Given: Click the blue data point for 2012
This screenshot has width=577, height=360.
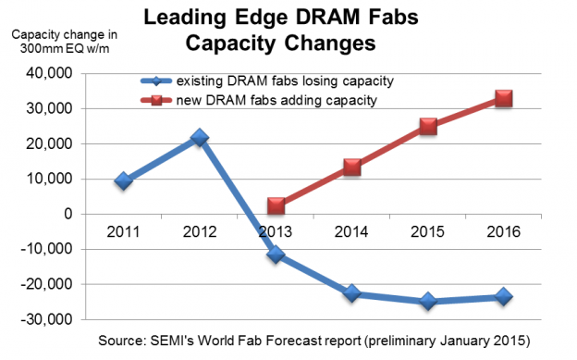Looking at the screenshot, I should pyautogui.click(x=200, y=138).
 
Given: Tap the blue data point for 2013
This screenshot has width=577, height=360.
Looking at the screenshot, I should pyautogui.click(x=276, y=254).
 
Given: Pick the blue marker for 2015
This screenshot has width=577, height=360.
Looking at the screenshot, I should pyautogui.click(x=427, y=301).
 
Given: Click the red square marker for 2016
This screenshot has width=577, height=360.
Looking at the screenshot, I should pyautogui.click(x=503, y=98).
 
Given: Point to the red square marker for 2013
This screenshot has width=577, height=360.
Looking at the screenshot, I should pyautogui.click(x=276, y=205).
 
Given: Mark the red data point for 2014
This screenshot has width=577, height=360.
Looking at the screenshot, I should pyautogui.click(x=351, y=167).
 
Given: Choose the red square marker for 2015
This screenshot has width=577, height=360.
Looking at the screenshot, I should pyautogui.click(x=427, y=126).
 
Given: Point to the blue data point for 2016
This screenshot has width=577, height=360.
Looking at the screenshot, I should pyautogui.click(x=503, y=296).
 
